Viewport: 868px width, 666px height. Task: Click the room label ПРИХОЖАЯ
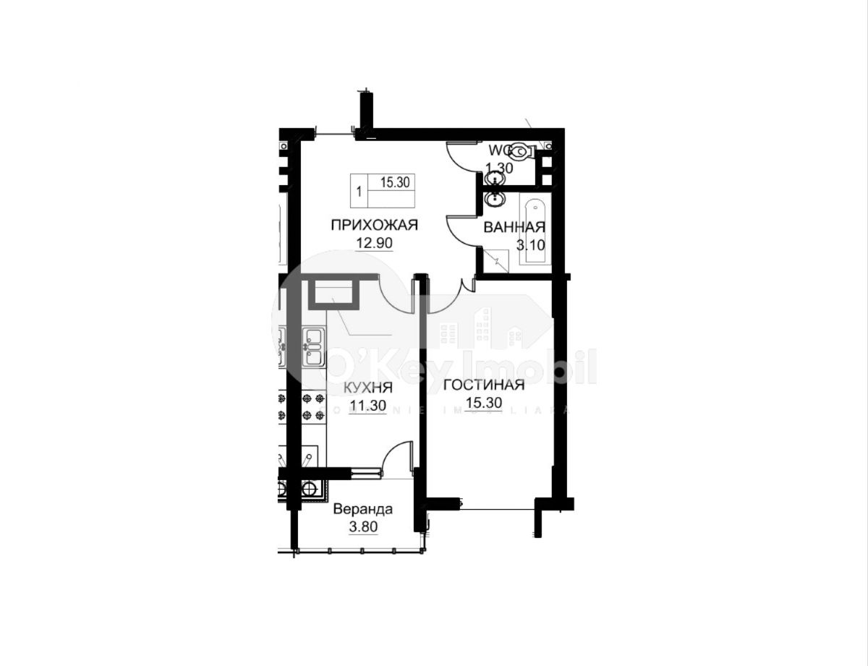point(374,225)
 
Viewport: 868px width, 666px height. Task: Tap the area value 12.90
point(374,243)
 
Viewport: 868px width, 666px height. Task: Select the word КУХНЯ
point(369,387)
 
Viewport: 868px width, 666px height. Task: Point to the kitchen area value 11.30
point(367,405)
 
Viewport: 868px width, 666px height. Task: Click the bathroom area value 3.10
point(529,244)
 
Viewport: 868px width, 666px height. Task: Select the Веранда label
point(363,509)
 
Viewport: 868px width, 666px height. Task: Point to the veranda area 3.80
point(364,527)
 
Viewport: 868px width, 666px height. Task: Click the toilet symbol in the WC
point(520,152)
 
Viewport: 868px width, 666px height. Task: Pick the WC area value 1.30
point(499,168)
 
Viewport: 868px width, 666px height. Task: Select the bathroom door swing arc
point(460,230)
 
